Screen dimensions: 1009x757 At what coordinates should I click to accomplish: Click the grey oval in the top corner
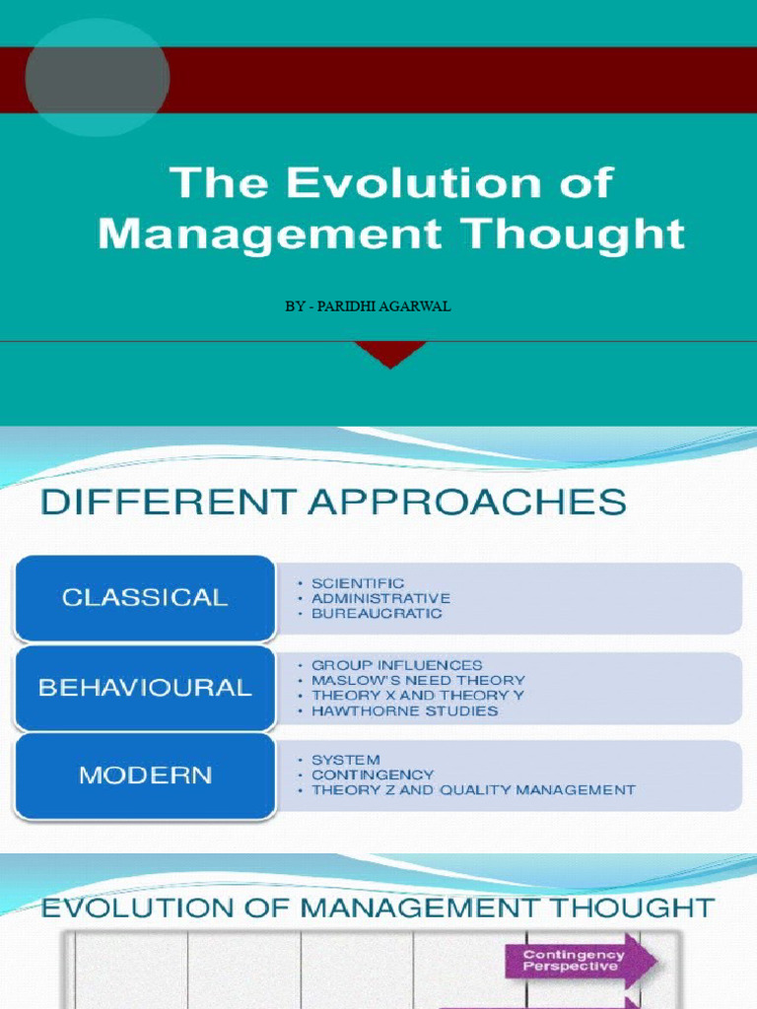coord(97,78)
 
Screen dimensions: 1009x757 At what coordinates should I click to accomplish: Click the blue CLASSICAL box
coord(145,597)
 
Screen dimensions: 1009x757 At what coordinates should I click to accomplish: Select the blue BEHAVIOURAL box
coord(145,688)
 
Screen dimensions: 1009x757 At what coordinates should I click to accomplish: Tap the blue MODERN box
coord(145,775)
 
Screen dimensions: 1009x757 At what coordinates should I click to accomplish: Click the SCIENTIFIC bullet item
coord(358,583)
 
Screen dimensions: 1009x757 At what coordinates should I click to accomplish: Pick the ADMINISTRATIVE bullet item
coord(380,598)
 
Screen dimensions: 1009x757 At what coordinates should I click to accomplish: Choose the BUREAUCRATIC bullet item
coord(377,613)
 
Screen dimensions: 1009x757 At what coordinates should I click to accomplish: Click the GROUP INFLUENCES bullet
coord(396,665)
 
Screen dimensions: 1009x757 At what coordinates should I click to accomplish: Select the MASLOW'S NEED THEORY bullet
coord(418,680)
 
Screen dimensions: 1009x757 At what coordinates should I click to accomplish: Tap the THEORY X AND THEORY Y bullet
coord(418,695)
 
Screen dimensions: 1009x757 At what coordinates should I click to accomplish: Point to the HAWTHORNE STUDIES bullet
coord(404,710)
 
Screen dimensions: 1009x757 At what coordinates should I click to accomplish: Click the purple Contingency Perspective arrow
coord(580,961)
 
